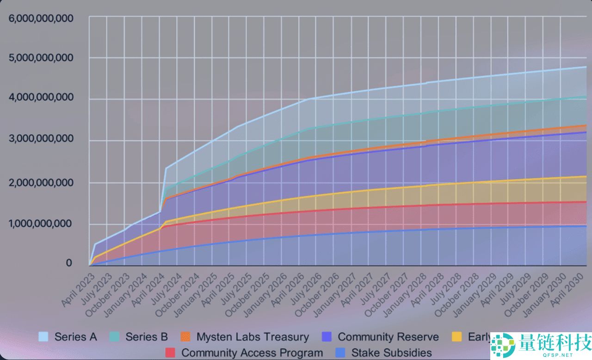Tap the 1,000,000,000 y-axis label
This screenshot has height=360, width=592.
pyautogui.click(x=41, y=223)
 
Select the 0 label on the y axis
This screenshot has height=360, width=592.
pyautogui.click(x=69, y=263)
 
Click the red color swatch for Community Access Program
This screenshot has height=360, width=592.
pyautogui.click(x=170, y=353)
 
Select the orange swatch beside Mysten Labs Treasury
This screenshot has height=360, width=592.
pyautogui.click(x=185, y=336)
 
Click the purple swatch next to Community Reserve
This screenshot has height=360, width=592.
pyautogui.click(x=327, y=336)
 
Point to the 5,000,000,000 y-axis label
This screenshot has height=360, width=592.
pyautogui.click(x=41, y=57)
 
